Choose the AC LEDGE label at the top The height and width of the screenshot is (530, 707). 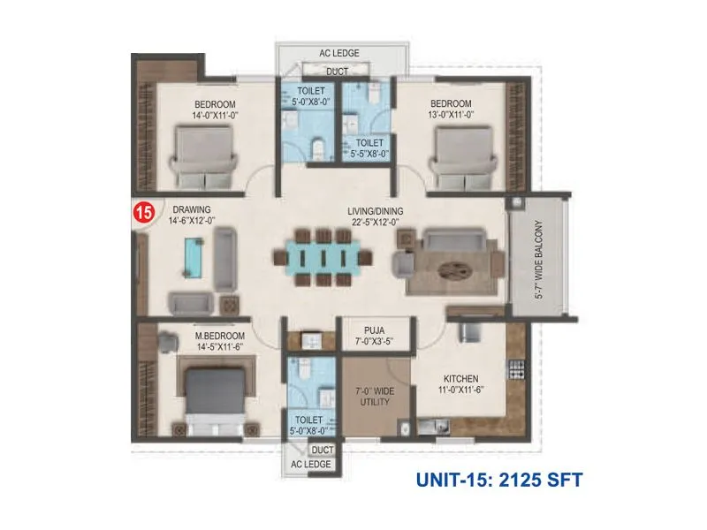pos(338,53)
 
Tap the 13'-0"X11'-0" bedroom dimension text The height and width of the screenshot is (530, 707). pos(452,115)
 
